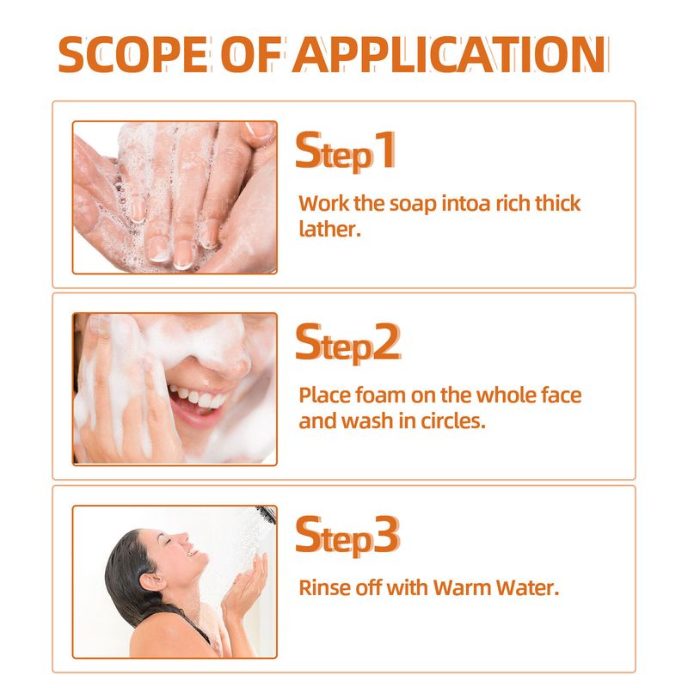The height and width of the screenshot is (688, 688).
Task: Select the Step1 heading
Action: [346, 151]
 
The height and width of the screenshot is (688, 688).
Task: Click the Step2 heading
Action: [347, 343]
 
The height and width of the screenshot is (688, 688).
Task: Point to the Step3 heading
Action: [347, 535]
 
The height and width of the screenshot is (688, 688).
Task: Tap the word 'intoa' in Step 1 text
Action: [477, 204]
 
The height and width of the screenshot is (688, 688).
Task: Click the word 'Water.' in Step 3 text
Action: [524, 588]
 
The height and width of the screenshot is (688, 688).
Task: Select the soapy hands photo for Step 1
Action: [175, 197]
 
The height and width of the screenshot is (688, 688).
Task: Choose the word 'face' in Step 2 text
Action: [560, 396]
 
